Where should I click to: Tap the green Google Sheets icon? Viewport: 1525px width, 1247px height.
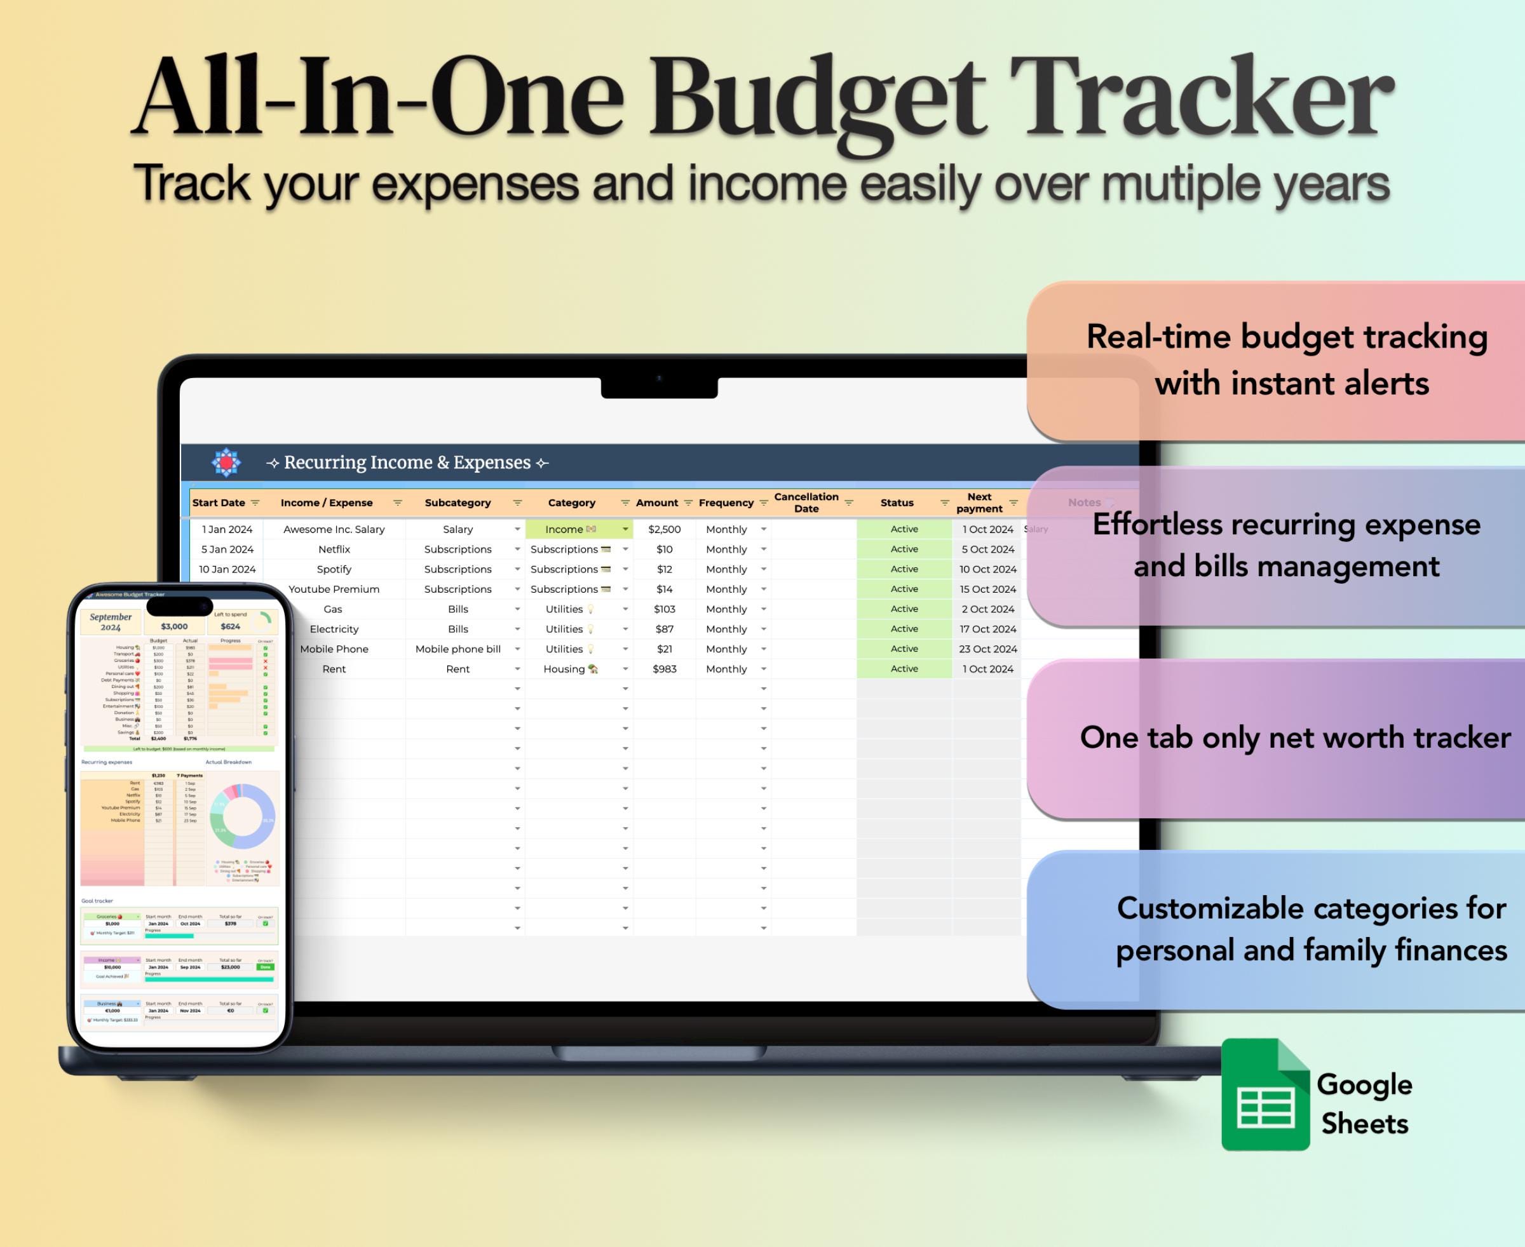(x=1265, y=1095)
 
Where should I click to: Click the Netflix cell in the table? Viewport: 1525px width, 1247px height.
(x=334, y=549)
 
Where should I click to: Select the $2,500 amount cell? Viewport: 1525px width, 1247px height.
(x=664, y=529)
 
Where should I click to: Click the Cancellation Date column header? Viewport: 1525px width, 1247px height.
(x=806, y=503)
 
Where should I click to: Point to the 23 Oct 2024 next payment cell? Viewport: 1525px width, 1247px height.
(x=987, y=649)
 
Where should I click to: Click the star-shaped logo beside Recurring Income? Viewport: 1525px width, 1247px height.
(x=226, y=462)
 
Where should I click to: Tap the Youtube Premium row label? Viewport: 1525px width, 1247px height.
(x=334, y=589)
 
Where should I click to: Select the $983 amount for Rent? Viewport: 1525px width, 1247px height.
(x=664, y=670)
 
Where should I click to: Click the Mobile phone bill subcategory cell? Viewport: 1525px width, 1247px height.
(x=457, y=649)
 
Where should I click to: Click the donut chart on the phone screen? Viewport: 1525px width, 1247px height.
(x=242, y=817)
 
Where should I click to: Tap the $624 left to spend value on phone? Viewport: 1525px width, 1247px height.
(x=231, y=626)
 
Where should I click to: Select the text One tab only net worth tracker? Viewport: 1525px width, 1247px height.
(x=1294, y=738)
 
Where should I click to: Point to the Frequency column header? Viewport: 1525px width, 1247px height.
(x=726, y=503)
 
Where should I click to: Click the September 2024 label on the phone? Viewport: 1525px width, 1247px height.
(x=111, y=622)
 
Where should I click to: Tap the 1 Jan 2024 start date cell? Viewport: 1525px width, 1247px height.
(x=227, y=529)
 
